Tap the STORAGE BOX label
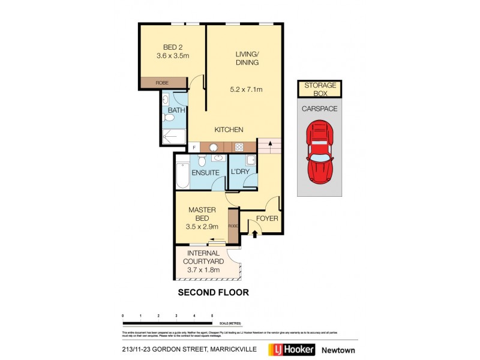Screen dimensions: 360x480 (x=320, y=89)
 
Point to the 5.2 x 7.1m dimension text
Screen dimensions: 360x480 (x=247, y=90)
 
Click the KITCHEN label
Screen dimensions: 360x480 (x=229, y=130)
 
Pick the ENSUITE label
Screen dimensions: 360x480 (x=205, y=173)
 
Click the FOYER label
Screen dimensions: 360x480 (x=267, y=218)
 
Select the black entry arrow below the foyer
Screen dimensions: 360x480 (x=254, y=234)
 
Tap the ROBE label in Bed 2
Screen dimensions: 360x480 (x=162, y=83)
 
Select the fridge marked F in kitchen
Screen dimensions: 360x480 (x=194, y=147)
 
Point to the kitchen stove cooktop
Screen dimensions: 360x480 (x=238, y=146)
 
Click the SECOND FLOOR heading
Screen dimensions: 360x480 (x=213, y=293)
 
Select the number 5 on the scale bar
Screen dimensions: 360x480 (x=212, y=314)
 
